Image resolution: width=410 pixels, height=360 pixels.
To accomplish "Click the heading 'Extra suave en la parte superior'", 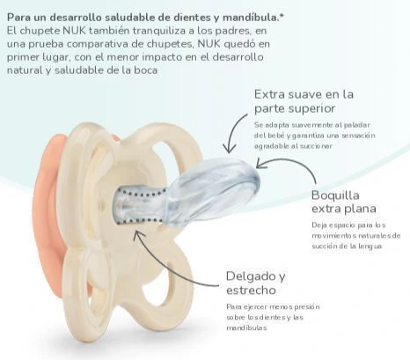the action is point(304,101).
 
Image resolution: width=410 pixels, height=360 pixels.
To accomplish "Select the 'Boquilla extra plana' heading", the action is point(344,202).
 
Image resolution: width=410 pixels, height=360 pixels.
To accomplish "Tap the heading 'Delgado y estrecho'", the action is point(255,283).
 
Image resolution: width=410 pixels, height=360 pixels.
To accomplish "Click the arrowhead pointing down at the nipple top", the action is point(230,148).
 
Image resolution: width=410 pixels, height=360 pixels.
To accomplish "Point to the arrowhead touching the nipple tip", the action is point(260,163).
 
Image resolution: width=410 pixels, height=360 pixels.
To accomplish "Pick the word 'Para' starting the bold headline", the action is point(18,18).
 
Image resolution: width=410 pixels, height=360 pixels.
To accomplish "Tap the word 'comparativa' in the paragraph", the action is point(106,44).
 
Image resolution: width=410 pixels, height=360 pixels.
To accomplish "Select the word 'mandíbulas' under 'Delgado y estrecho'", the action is point(246,327).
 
